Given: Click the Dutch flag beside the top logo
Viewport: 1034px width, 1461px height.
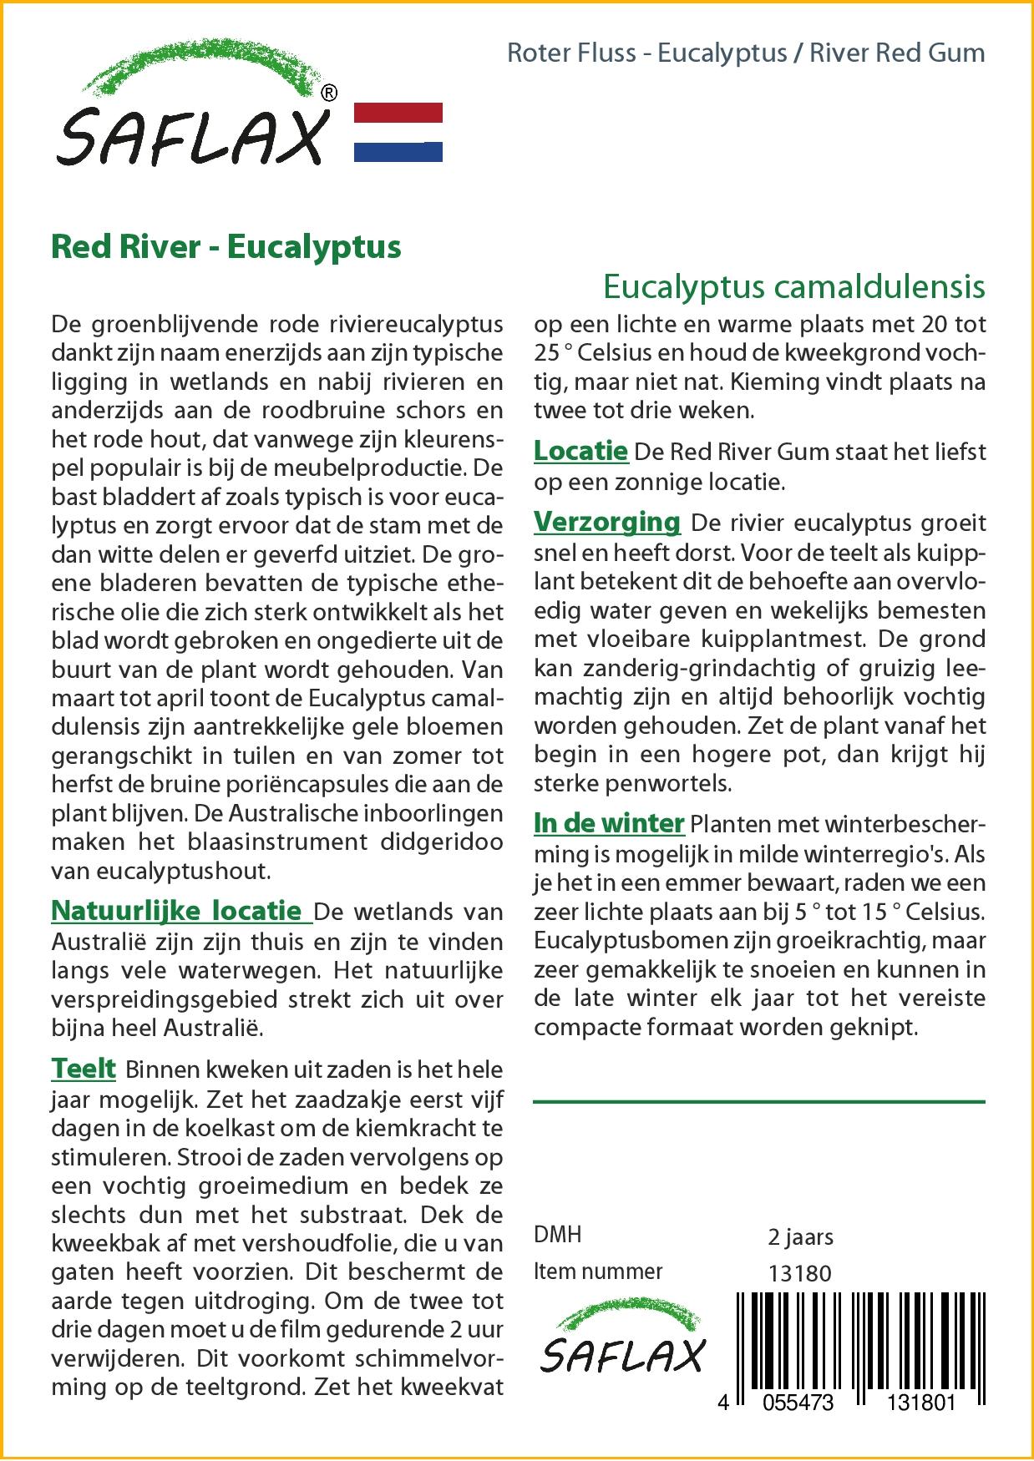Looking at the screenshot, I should [x=398, y=132].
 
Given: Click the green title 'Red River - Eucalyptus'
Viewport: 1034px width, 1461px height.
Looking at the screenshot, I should [x=226, y=247].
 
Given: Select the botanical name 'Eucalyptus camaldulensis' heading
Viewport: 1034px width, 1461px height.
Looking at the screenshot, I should [x=793, y=286].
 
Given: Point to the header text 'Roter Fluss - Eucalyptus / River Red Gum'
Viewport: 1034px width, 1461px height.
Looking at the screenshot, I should [x=746, y=53].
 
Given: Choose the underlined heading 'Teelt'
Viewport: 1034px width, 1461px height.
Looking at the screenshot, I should [x=84, y=1069].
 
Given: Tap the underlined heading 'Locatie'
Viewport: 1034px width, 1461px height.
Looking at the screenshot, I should [x=580, y=452].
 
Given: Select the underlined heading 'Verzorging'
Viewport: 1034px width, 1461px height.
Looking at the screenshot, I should [x=607, y=523].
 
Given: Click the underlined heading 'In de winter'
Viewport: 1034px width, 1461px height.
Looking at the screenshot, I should [x=609, y=823].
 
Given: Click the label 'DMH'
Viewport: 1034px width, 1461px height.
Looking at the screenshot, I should [x=558, y=1235].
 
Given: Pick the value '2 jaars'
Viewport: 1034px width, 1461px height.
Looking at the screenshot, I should [x=800, y=1236].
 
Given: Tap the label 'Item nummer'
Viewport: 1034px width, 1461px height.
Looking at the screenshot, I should [x=598, y=1271].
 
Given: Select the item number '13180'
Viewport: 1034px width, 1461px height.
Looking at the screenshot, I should [x=799, y=1273].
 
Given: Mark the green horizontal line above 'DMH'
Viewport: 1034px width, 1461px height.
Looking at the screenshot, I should [x=758, y=1102].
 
